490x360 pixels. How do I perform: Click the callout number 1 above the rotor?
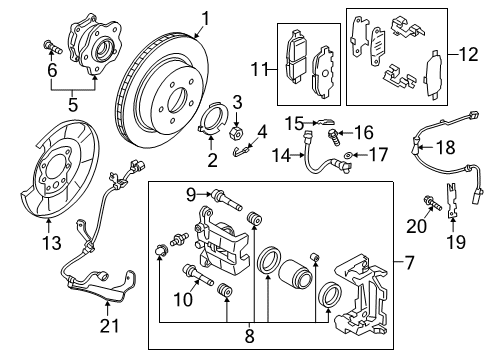click(x=205, y=17)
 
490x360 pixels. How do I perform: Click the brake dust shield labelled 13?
click(x=56, y=180)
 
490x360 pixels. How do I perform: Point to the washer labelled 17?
click(x=347, y=156)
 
